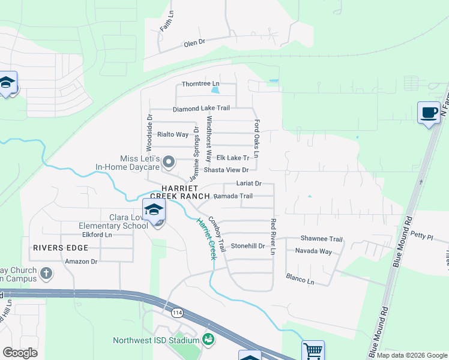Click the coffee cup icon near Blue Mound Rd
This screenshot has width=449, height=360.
[429, 113]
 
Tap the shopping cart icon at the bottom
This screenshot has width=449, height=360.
[313, 351]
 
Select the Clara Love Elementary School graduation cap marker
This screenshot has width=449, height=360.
[154, 210]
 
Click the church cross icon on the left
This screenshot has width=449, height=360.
[46, 274]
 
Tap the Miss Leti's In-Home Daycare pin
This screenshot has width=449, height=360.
[169, 161]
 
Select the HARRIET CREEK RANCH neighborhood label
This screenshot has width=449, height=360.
[180, 192]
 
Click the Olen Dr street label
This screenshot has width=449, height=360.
[194, 43]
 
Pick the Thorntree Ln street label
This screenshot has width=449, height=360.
[200, 84]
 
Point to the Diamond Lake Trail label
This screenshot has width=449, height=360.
[201, 109]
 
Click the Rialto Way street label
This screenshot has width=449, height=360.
[172, 134]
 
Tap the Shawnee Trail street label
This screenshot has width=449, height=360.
[321, 238]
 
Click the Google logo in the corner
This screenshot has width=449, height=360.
[20, 353]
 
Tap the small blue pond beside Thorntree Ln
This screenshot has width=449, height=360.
[215, 91]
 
